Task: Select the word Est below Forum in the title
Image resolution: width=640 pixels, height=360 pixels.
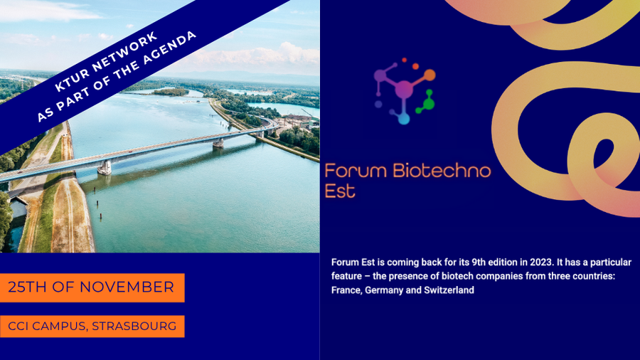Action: [x=339, y=191]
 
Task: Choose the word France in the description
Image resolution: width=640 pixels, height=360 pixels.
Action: [x=346, y=290]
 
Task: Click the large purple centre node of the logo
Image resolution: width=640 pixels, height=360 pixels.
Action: [x=403, y=89]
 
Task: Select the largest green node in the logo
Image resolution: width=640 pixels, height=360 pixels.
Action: [x=428, y=104]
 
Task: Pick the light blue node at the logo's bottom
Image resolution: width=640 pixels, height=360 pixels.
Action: [x=403, y=119]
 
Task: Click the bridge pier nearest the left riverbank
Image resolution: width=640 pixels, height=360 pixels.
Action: [x=105, y=168]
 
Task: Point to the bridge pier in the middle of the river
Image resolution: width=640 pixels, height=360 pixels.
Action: [x=218, y=143]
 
